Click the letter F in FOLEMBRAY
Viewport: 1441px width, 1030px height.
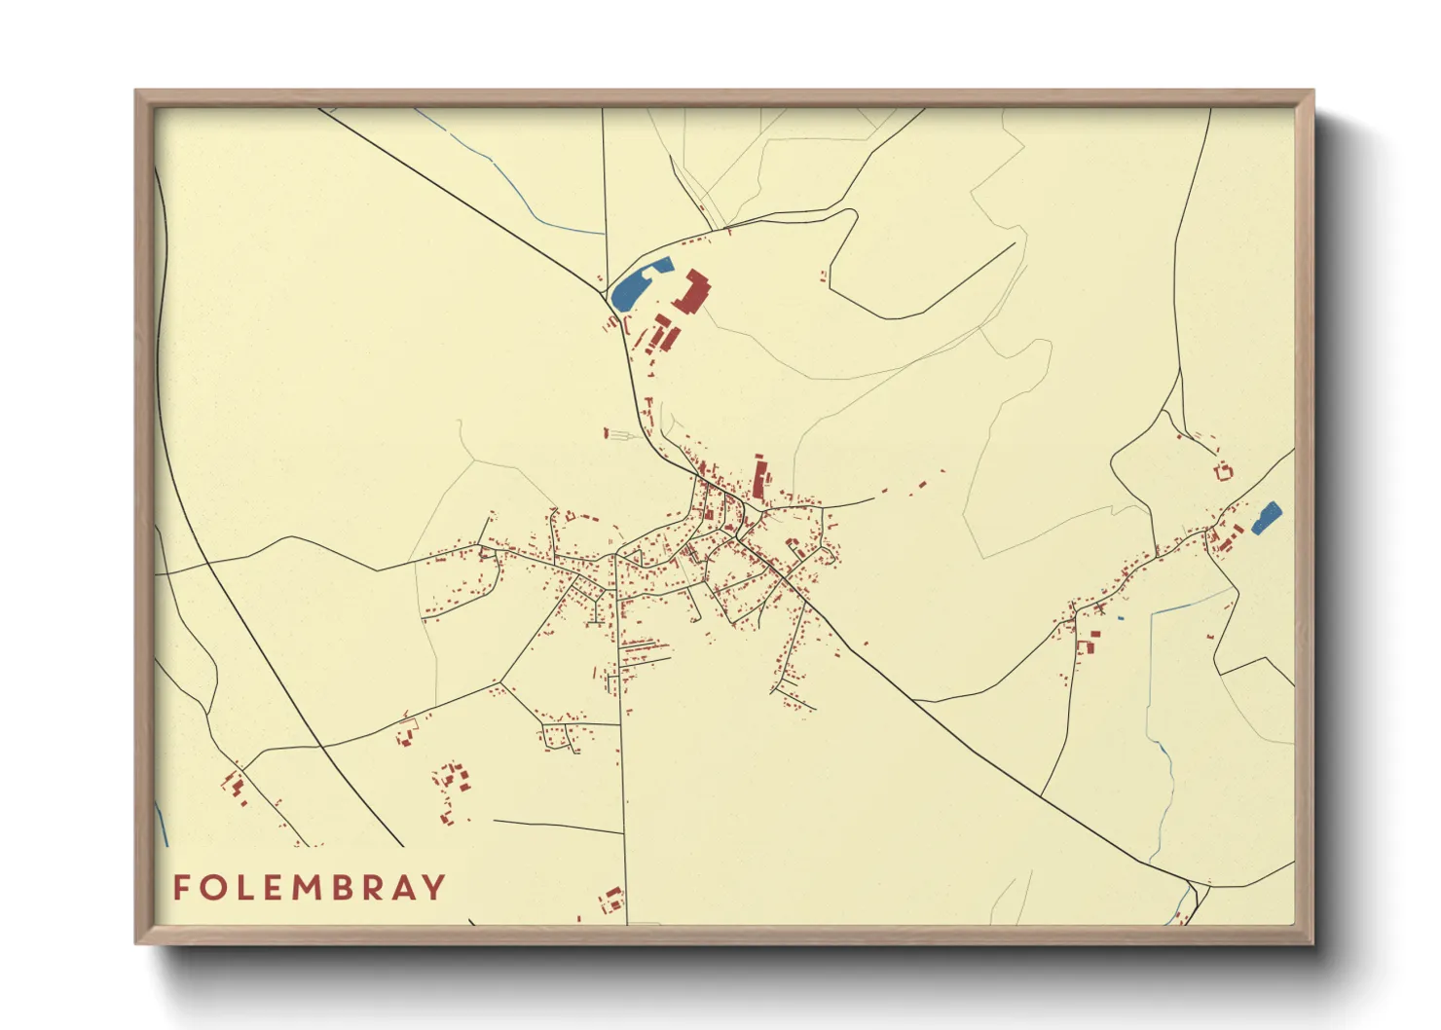181,887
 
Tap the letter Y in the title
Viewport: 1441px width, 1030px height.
434,887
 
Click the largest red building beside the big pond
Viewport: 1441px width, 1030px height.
692,293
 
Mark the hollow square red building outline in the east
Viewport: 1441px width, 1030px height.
1224,473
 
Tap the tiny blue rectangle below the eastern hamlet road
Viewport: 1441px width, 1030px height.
1121,618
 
